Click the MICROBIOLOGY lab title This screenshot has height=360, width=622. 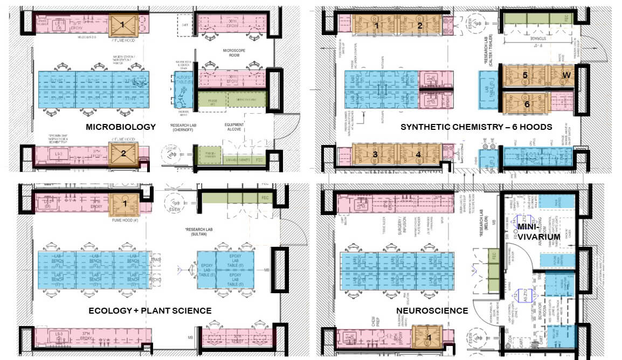(121, 127)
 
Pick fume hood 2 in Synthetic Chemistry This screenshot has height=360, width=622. (419, 25)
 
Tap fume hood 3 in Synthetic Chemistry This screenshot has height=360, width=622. (375, 155)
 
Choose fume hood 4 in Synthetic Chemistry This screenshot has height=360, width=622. (418, 155)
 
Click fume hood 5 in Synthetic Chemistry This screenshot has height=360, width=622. (525, 75)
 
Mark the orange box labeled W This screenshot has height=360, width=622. (565, 75)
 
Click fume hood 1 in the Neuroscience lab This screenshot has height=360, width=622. (430, 337)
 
